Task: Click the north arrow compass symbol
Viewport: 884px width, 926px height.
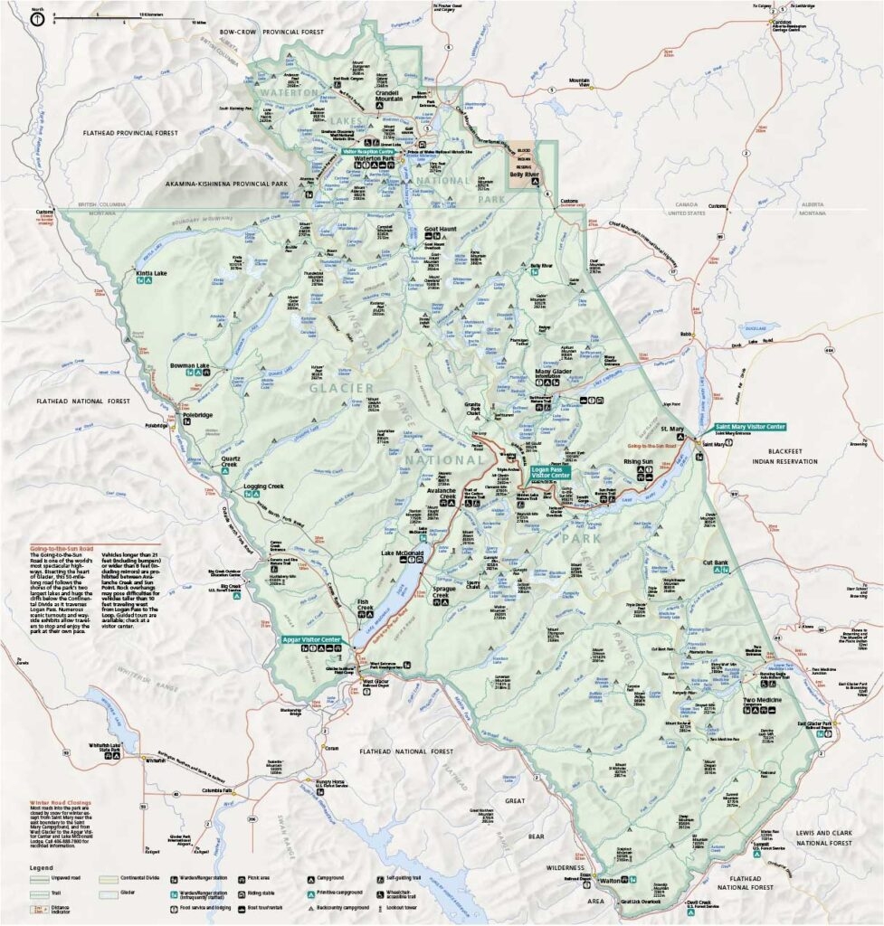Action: click(36, 18)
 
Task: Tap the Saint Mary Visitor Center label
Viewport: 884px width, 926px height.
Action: click(749, 427)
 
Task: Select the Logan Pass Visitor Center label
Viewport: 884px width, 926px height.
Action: click(548, 474)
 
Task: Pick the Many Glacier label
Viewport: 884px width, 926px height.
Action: click(555, 372)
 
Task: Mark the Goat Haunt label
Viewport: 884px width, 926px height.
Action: click(442, 230)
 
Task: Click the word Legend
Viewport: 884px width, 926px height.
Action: click(41, 868)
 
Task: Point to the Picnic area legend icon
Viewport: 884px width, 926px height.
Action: click(242, 877)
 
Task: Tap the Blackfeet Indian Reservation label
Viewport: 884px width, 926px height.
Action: click(777, 455)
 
